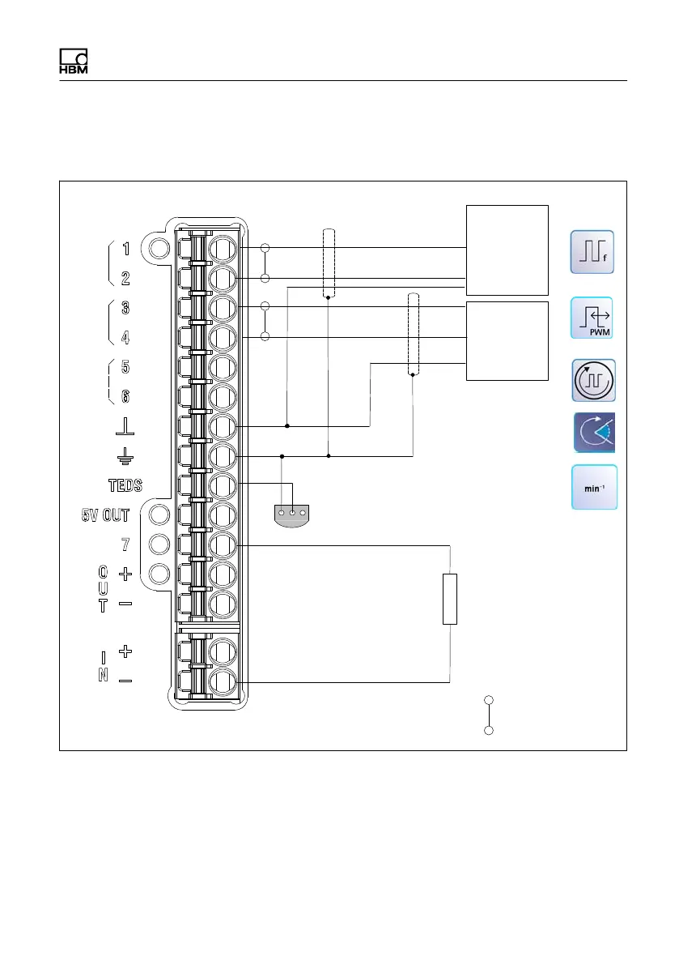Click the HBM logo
point(73,60)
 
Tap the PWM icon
point(592,318)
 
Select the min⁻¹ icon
point(594,488)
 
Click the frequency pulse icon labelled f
point(592,252)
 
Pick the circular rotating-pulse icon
point(593,380)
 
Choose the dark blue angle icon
point(595,433)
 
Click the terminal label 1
point(126,249)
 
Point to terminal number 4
point(125,337)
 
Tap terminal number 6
point(125,396)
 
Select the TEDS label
point(125,485)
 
